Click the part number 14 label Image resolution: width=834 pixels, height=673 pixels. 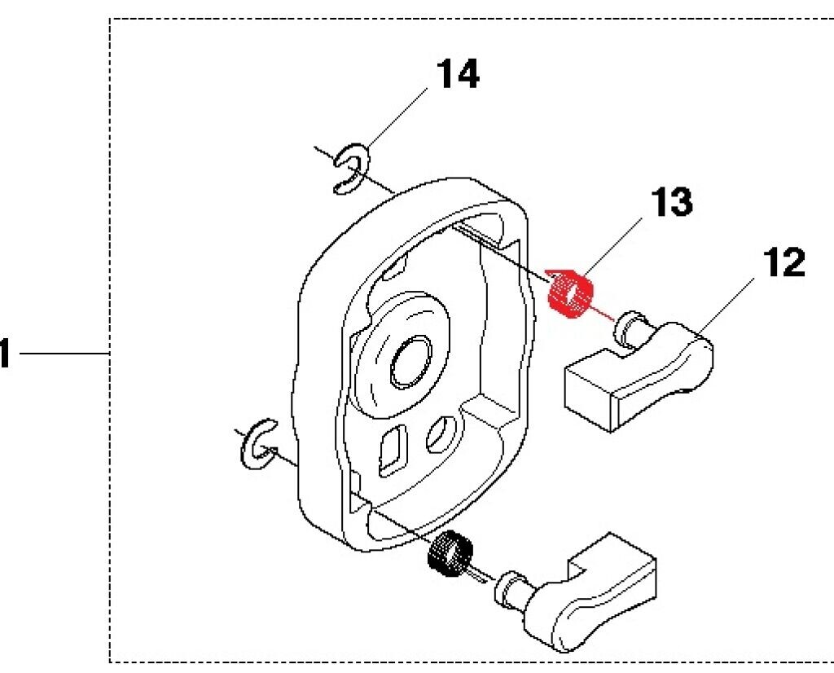coord(459,75)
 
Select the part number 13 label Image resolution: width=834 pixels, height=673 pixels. coord(672,202)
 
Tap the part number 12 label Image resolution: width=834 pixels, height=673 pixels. coord(784,263)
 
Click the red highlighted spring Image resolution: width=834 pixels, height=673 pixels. coord(569,292)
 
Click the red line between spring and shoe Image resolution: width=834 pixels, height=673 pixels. coord(604,312)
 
